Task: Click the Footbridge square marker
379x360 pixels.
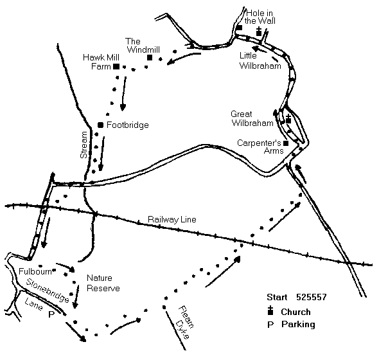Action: coord(101,125)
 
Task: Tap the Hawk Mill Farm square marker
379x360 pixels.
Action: coord(116,66)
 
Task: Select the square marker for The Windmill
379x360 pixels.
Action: coord(150,58)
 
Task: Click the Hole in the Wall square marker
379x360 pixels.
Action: coord(240,28)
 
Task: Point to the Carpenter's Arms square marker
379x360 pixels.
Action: coord(286,143)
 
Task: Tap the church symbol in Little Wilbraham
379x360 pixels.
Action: coord(259,32)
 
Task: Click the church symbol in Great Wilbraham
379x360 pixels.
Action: coord(288,119)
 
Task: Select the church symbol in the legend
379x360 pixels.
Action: coord(270,310)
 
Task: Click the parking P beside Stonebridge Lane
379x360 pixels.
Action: coord(51,314)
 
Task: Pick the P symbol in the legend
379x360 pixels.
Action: coord(270,325)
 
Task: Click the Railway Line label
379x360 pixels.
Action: coord(172,219)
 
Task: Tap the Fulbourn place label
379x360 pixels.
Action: coord(35,271)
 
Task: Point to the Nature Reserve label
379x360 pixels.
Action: coord(103,283)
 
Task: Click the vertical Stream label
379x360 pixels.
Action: coord(84,145)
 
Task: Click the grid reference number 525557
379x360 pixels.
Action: coord(312,297)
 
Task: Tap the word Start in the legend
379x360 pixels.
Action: coord(277,297)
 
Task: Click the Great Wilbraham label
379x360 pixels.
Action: coord(252,118)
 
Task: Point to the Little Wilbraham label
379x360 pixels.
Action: coord(260,60)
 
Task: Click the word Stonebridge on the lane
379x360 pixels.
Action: coord(48,291)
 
